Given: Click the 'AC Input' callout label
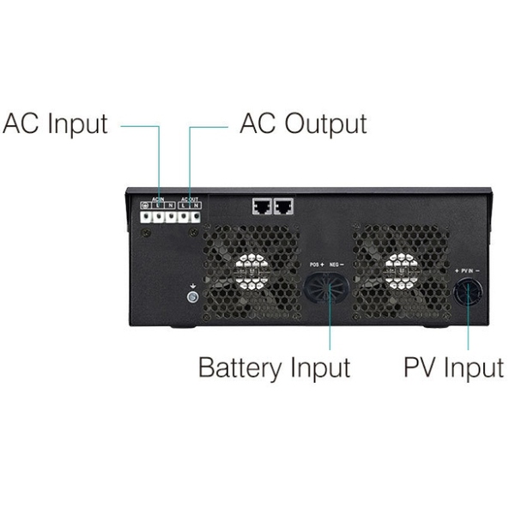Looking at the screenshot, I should coord(56,124).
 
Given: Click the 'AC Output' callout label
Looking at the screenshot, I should coord(302,124).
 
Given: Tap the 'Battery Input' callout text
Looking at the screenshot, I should coord(274,367).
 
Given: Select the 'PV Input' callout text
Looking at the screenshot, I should coord(453,367).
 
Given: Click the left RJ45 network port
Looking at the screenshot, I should coord(262,207).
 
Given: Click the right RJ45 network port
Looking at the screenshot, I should coord(283,207).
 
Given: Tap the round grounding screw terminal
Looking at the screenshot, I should coord(193,297).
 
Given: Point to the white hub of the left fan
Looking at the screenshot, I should coord(251,267).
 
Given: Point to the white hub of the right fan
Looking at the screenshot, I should coord(397,267).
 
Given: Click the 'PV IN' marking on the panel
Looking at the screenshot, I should coord(468,270).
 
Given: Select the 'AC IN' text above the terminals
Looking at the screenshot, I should coord(158,200).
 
